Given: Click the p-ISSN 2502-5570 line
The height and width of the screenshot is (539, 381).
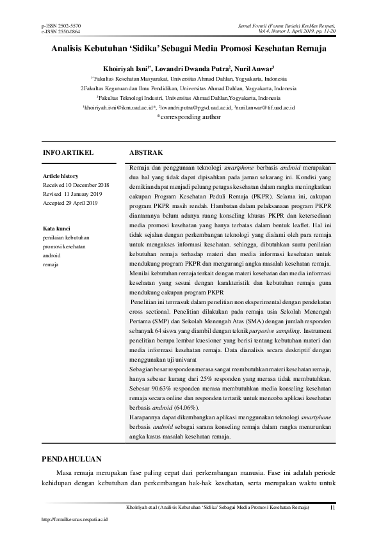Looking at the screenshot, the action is coord(61,25).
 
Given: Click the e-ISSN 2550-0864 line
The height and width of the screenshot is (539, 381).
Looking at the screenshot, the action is coord(61,31).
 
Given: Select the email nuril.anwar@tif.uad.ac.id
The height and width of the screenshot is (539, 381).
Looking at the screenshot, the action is coord(264,109).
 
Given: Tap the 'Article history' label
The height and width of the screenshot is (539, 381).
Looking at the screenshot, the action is coord(60,175).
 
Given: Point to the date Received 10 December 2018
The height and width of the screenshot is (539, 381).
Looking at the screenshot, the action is coord(76,184).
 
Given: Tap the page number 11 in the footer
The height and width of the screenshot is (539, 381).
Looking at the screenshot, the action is coord(332,507).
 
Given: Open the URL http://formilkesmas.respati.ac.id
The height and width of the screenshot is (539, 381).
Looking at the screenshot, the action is coord(74,520).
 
